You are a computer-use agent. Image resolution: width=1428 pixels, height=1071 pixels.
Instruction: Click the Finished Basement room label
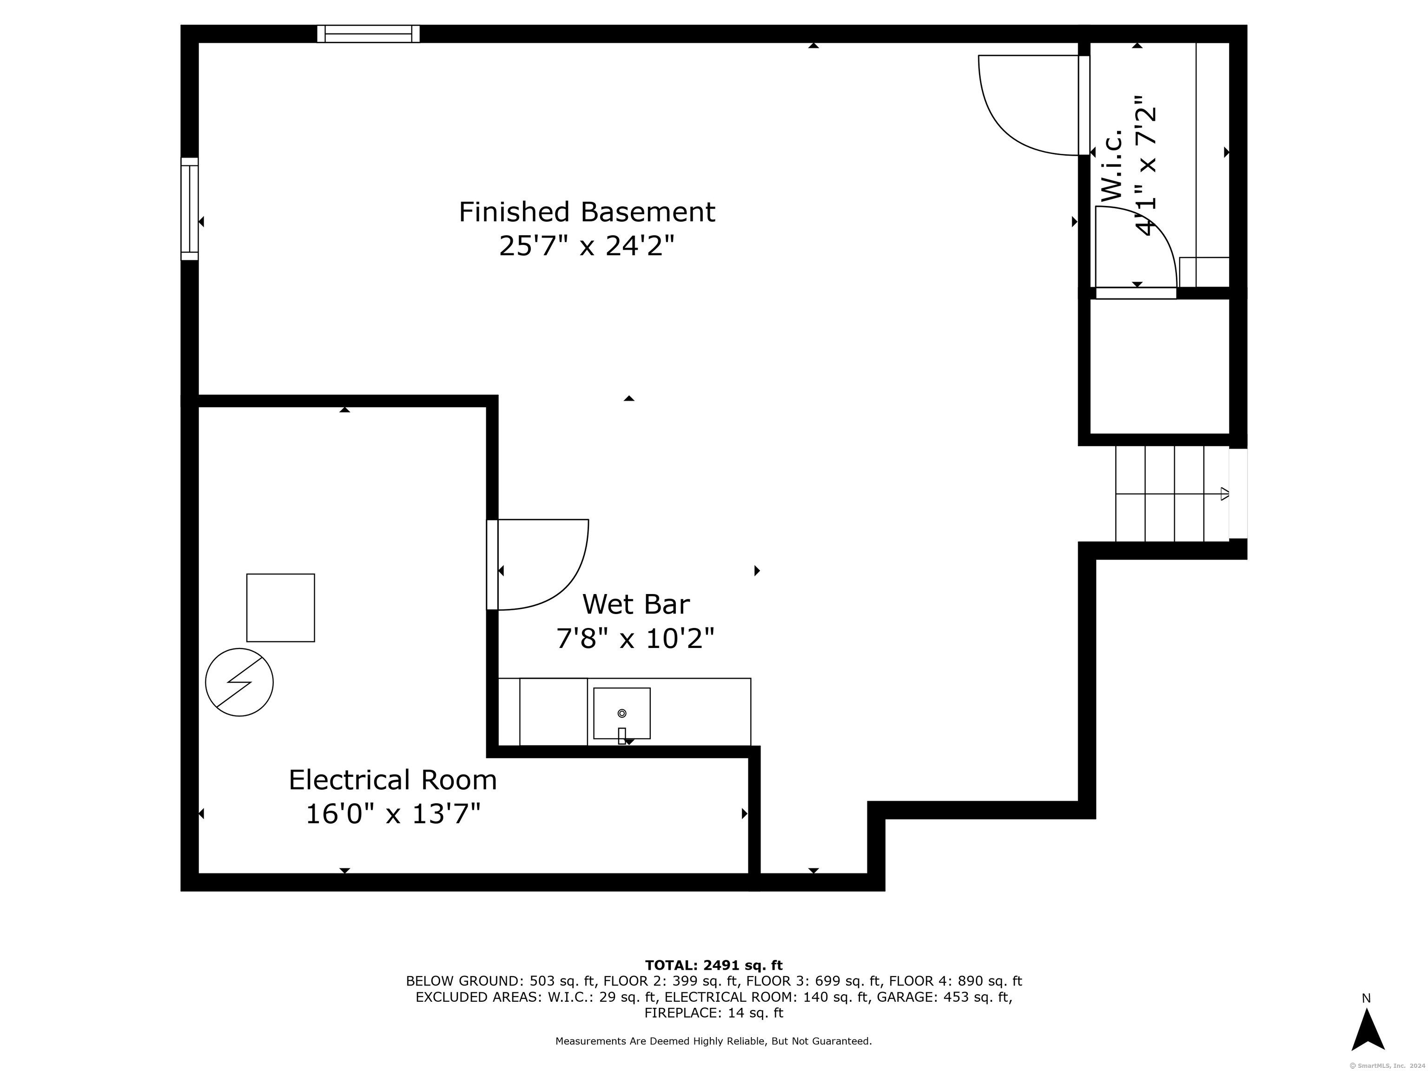[587, 212]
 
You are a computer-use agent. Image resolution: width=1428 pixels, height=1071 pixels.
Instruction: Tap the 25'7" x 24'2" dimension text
[587, 246]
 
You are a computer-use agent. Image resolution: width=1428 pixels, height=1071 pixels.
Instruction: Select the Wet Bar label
[636, 604]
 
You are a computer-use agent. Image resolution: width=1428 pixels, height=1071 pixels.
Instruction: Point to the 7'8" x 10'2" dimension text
[636, 639]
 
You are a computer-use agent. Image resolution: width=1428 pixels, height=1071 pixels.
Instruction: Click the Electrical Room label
[392, 780]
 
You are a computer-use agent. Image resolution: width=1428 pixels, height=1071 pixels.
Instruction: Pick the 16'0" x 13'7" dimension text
[392, 814]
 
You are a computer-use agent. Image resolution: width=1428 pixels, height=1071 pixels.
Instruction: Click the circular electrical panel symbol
[239, 682]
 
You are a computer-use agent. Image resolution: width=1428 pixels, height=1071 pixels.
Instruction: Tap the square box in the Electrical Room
[281, 608]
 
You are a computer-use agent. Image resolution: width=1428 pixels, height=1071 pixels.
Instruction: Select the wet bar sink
[621, 714]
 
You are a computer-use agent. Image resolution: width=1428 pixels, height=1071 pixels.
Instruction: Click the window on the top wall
[369, 33]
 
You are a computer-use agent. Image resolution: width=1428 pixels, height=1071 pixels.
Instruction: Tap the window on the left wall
[189, 209]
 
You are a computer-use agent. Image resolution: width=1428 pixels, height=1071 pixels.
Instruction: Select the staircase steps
[1172, 494]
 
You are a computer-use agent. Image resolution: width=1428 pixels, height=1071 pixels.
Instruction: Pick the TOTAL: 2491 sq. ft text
[714, 965]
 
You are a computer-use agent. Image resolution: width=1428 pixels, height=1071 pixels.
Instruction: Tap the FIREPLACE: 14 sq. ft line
[714, 1013]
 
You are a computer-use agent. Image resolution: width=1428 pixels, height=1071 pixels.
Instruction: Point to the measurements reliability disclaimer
[714, 1041]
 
